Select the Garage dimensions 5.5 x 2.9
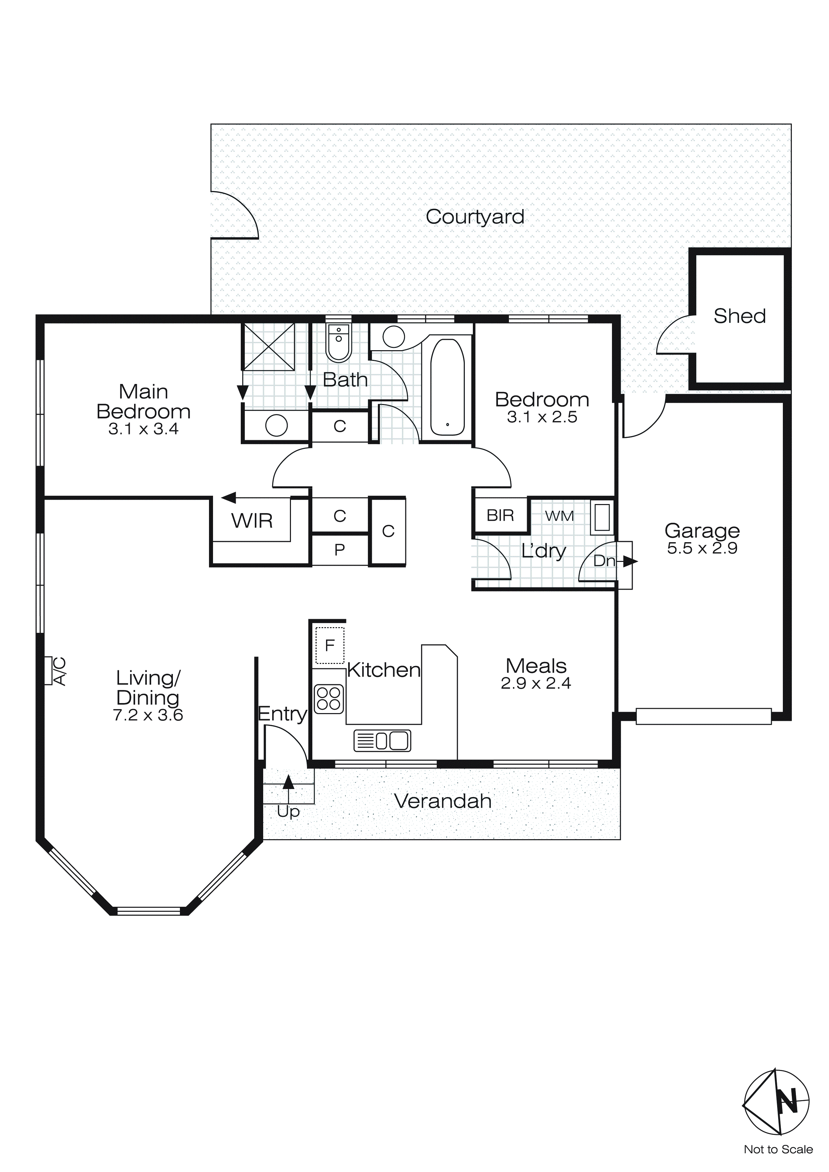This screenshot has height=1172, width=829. click(x=702, y=548)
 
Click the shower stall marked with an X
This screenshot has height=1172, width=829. click(x=269, y=347)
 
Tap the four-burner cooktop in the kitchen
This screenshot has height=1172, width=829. click(x=329, y=699)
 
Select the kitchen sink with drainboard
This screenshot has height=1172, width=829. click(x=382, y=741)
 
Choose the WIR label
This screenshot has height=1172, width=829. click(x=252, y=521)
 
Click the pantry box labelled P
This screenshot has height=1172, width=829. click(x=339, y=550)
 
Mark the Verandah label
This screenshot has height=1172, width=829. click(x=442, y=801)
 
